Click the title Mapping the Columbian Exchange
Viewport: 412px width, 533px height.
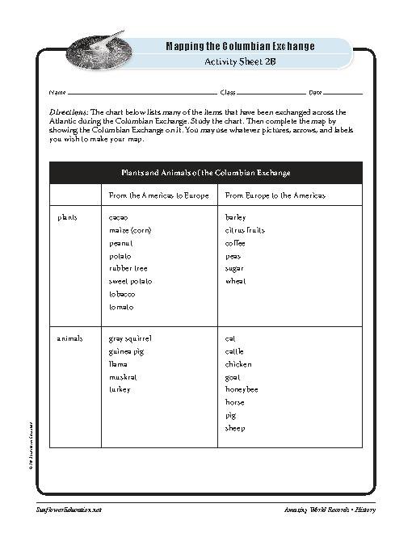pos(240,46)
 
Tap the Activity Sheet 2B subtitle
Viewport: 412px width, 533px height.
pos(240,61)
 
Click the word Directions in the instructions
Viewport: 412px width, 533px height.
pos(69,112)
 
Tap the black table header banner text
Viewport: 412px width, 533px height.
pos(206,173)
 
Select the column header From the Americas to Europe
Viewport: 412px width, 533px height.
pos(159,196)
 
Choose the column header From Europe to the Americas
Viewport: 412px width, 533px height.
pos(275,196)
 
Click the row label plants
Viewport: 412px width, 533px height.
pos(68,217)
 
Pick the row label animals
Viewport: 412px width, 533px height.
pos(70,338)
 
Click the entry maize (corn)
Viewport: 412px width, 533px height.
pos(130,230)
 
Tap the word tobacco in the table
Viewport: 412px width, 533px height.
pos(122,294)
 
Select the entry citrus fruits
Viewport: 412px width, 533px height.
pos(245,230)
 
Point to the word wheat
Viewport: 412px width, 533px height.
pos(236,281)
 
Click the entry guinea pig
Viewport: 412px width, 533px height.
pos(125,351)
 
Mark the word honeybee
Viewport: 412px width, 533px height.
pos(242,389)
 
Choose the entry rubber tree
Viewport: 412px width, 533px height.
pos(128,268)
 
